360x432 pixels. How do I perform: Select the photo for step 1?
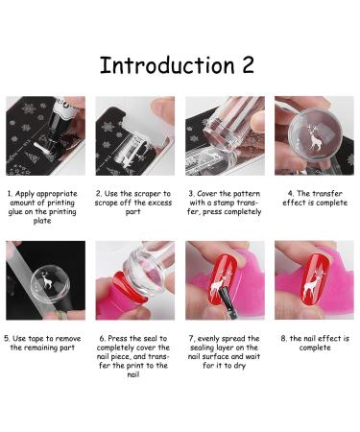[45, 135]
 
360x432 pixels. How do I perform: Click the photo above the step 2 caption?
[134, 135]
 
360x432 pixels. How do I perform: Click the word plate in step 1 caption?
[45, 220]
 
